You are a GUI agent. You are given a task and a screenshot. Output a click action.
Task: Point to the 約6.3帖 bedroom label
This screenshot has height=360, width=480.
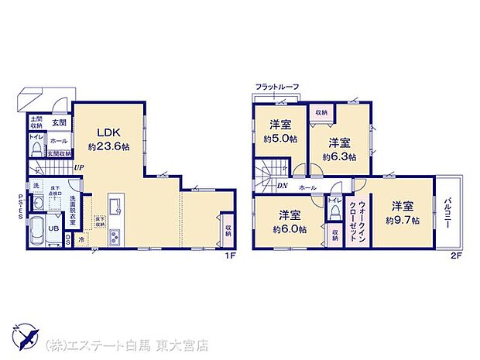(341, 149)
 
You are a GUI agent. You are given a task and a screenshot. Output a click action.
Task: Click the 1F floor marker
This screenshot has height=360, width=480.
(231, 256)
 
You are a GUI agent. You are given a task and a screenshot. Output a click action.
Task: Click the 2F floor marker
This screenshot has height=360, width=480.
(457, 256)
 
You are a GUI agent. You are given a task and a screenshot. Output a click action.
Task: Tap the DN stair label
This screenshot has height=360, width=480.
(282, 186)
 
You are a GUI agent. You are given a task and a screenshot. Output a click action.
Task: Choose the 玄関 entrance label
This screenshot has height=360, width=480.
(59, 122)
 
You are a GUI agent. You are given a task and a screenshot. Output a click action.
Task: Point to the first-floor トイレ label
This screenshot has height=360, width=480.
(36, 138)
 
